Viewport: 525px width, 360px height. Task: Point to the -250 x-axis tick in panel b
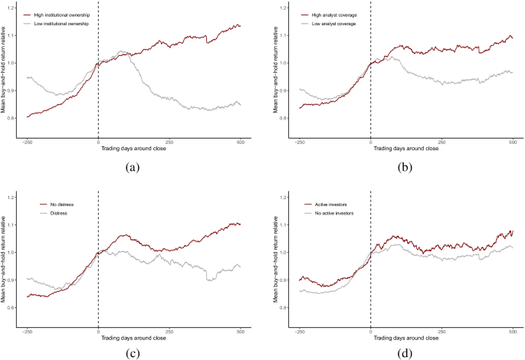[x=300, y=142]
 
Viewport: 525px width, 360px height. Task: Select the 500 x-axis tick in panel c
[x=241, y=331]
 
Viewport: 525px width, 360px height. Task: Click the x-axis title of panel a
[x=132, y=150]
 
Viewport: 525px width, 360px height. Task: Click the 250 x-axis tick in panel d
[x=441, y=331]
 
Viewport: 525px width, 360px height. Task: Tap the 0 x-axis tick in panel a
[x=98, y=142]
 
